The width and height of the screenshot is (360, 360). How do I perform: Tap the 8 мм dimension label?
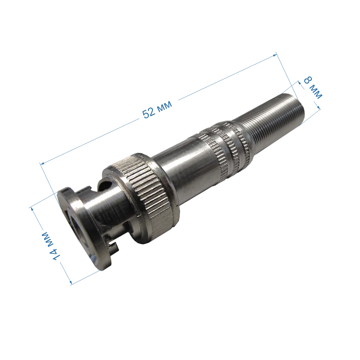click(x=313, y=88)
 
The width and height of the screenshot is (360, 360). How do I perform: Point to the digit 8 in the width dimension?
click(x=308, y=81)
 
